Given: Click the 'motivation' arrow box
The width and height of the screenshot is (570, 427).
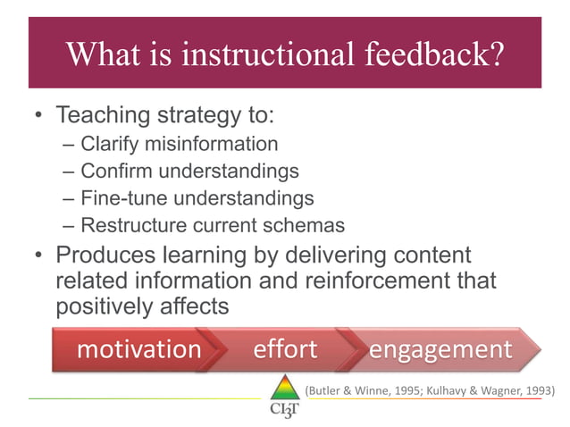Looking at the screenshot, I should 138,348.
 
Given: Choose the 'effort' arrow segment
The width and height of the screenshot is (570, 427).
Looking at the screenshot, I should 285,348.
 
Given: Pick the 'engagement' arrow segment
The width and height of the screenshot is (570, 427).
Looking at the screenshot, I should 440,348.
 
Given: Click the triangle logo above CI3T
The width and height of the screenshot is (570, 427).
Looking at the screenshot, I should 284,387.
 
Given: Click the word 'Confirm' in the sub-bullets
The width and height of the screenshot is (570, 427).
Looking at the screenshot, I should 113,171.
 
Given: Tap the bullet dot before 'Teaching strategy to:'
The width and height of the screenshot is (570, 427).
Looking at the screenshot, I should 38,117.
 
